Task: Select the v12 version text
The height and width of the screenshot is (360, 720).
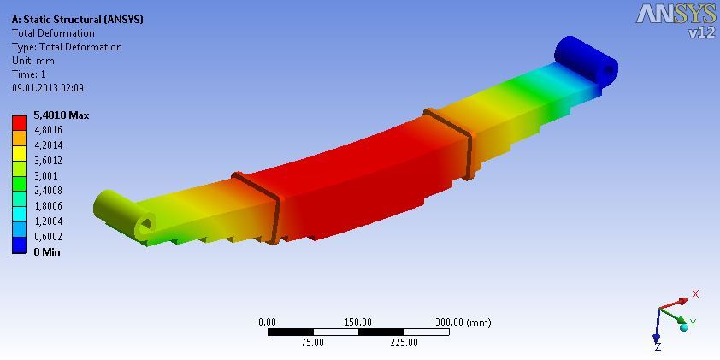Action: pyautogui.click(x=701, y=32)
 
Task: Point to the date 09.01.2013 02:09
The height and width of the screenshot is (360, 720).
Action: pyautogui.click(x=47, y=87)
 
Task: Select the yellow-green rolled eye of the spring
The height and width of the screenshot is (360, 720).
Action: pyautogui.click(x=124, y=214)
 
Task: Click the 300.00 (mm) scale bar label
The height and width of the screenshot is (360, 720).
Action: pyautogui.click(x=463, y=322)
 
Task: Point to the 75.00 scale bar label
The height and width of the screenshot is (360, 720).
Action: pyautogui.click(x=312, y=343)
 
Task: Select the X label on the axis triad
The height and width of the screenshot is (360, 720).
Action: pyautogui.click(x=695, y=294)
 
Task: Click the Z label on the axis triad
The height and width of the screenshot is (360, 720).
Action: pyautogui.click(x=657, y=346)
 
